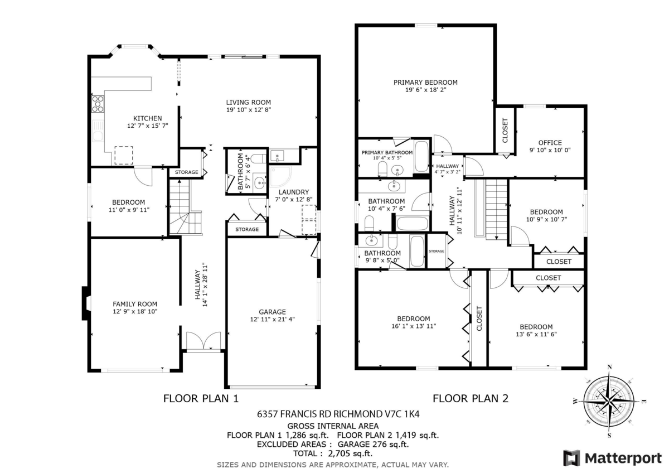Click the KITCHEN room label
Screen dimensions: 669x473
[x=148, y=118]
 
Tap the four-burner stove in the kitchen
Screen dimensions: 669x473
[x=98, y=104]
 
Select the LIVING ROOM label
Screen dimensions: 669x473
[x=249, y=102]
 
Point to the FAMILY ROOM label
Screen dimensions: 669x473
[x=135, y=304]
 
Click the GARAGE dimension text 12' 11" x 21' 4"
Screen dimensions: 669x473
[x=273, y=319]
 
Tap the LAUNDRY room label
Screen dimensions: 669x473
[x=294, y=192]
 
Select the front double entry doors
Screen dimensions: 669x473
[x=203, y=340]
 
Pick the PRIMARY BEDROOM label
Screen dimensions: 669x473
[x=425, y=82]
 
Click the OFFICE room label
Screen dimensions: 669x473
[x=550, y=143]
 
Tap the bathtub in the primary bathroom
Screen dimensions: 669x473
[x=421, y=156]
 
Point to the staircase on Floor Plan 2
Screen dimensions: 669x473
[x=496, y=209]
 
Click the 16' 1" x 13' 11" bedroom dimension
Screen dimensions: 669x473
[x=414, y=326]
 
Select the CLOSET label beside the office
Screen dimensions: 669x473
[x=505, y=131]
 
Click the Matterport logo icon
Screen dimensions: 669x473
[x=571, y=458]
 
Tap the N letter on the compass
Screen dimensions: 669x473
[x=609, y=367]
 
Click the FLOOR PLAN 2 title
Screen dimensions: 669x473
[x=471, y=398]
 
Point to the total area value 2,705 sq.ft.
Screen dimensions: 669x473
[x=350, y=453]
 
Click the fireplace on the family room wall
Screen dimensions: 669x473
[x=85, y=303]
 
